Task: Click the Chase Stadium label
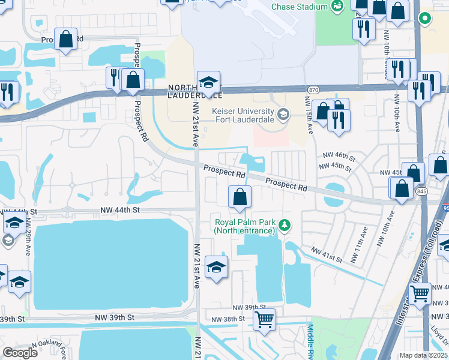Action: click(x=300, y=7)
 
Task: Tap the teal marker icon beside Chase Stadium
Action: click(x=337, y=7)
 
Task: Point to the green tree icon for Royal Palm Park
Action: click(x=286, y=226)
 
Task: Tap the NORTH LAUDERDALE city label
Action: click(x=194, y=91)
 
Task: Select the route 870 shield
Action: click(x=313, y=89)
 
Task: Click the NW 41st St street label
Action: click(x=327, y=254)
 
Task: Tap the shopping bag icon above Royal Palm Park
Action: click(x=240, y=197)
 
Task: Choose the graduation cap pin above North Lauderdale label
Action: click(x=208, y=82)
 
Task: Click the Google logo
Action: click(x=20, y=353)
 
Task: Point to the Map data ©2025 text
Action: click(x=423, y=355)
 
